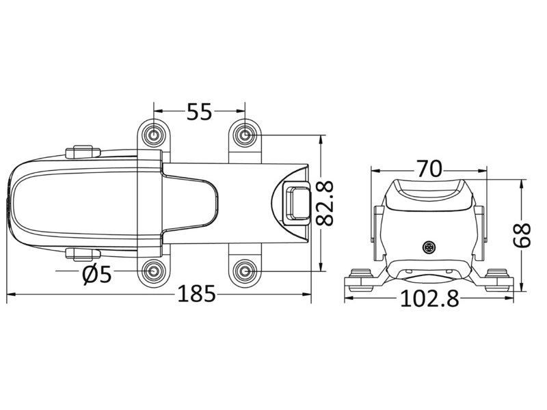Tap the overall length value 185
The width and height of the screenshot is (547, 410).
(197, 295)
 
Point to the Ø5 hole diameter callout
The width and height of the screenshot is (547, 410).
(96, 275)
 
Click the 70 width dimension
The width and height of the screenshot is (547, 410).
(428, 168)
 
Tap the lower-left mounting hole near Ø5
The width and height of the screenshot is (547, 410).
(153, 272)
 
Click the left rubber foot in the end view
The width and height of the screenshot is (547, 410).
(360, 279)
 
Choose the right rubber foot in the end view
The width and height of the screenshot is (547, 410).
(498, 279)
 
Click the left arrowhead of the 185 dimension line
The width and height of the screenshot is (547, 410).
(10, 295)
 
